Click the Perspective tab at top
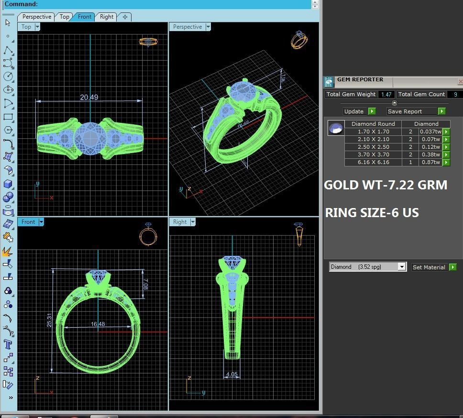coord(36,17)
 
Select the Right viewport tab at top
coord(106,17)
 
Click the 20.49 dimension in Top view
coord(89,97)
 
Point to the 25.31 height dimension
coord(49,321)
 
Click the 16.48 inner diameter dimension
coord(98,324)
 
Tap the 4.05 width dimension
coord(231,374)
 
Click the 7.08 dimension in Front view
coord(145,285)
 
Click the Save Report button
coord(412,111)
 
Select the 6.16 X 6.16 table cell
coord(373,162)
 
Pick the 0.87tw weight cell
coord(430,162)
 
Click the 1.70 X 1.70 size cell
coord(373,132)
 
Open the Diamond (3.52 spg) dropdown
coord(402,267)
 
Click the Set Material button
coord(429,267)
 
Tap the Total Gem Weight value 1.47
coord(386,95)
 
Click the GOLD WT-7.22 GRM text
coord(386,185)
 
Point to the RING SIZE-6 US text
coord(372,213)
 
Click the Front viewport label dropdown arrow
coord(41,222)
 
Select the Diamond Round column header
coord(373,124)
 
